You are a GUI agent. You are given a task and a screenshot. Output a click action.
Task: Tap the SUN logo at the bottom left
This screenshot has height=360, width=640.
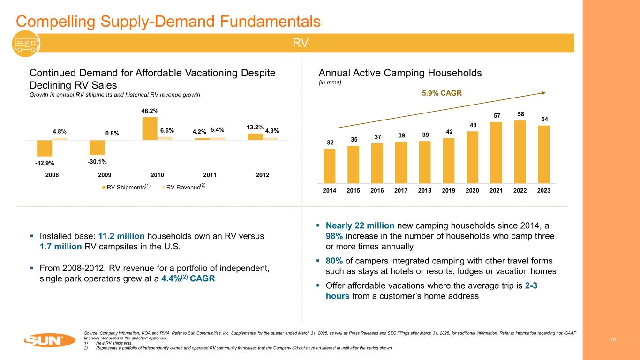(44, 339)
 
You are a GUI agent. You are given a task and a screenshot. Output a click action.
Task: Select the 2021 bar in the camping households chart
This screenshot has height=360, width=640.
(497, 152)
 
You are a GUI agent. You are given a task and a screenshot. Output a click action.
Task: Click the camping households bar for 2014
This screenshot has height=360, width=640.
(330, 165)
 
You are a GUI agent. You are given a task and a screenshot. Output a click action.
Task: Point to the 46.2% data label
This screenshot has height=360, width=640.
(150, 111)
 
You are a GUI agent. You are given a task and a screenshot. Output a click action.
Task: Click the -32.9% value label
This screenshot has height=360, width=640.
(45, 163)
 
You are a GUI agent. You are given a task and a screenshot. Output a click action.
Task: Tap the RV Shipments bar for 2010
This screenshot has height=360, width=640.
(150, 128)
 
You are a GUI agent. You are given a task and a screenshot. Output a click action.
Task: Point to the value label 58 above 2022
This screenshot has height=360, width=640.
(520, 114)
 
